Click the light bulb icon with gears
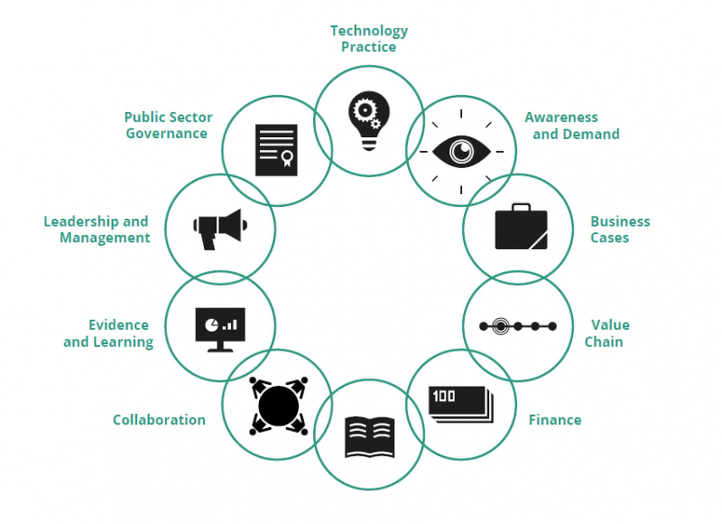coord(369,120)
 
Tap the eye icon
coord(461,152)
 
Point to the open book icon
coord(369,437)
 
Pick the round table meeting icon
coord(278,406)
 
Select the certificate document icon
coord(276,150)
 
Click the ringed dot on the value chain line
coord(500,326)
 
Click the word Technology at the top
coord(369,31)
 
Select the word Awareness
coord(561,117)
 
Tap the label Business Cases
coord(619,230)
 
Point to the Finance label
coord(555,420)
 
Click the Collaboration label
coord(159,420)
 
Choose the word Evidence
coord(118,325)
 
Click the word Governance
coord(167,133)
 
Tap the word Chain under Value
coord(604,342)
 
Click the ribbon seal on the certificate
coord(287,158)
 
